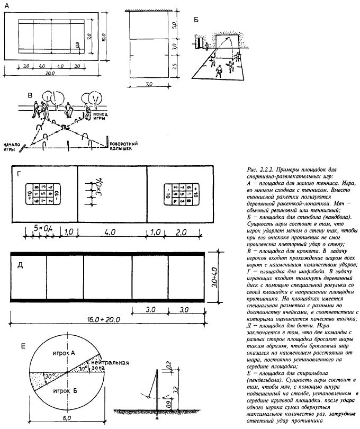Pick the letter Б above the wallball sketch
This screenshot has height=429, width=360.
(x=196, y=20)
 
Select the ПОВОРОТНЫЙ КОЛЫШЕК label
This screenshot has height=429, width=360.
(x=125, y=145)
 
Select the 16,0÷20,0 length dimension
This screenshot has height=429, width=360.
(x=112, y=320)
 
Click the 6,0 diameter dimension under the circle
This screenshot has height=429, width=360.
(x=68, y=418)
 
